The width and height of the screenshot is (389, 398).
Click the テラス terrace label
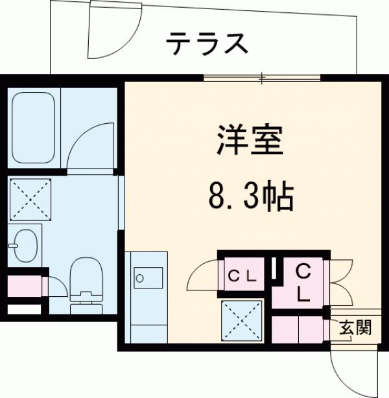(x=207, y=43)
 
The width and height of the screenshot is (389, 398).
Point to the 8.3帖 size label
(x=250, y=195)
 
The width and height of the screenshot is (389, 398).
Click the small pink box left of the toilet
(x=25, y=286)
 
